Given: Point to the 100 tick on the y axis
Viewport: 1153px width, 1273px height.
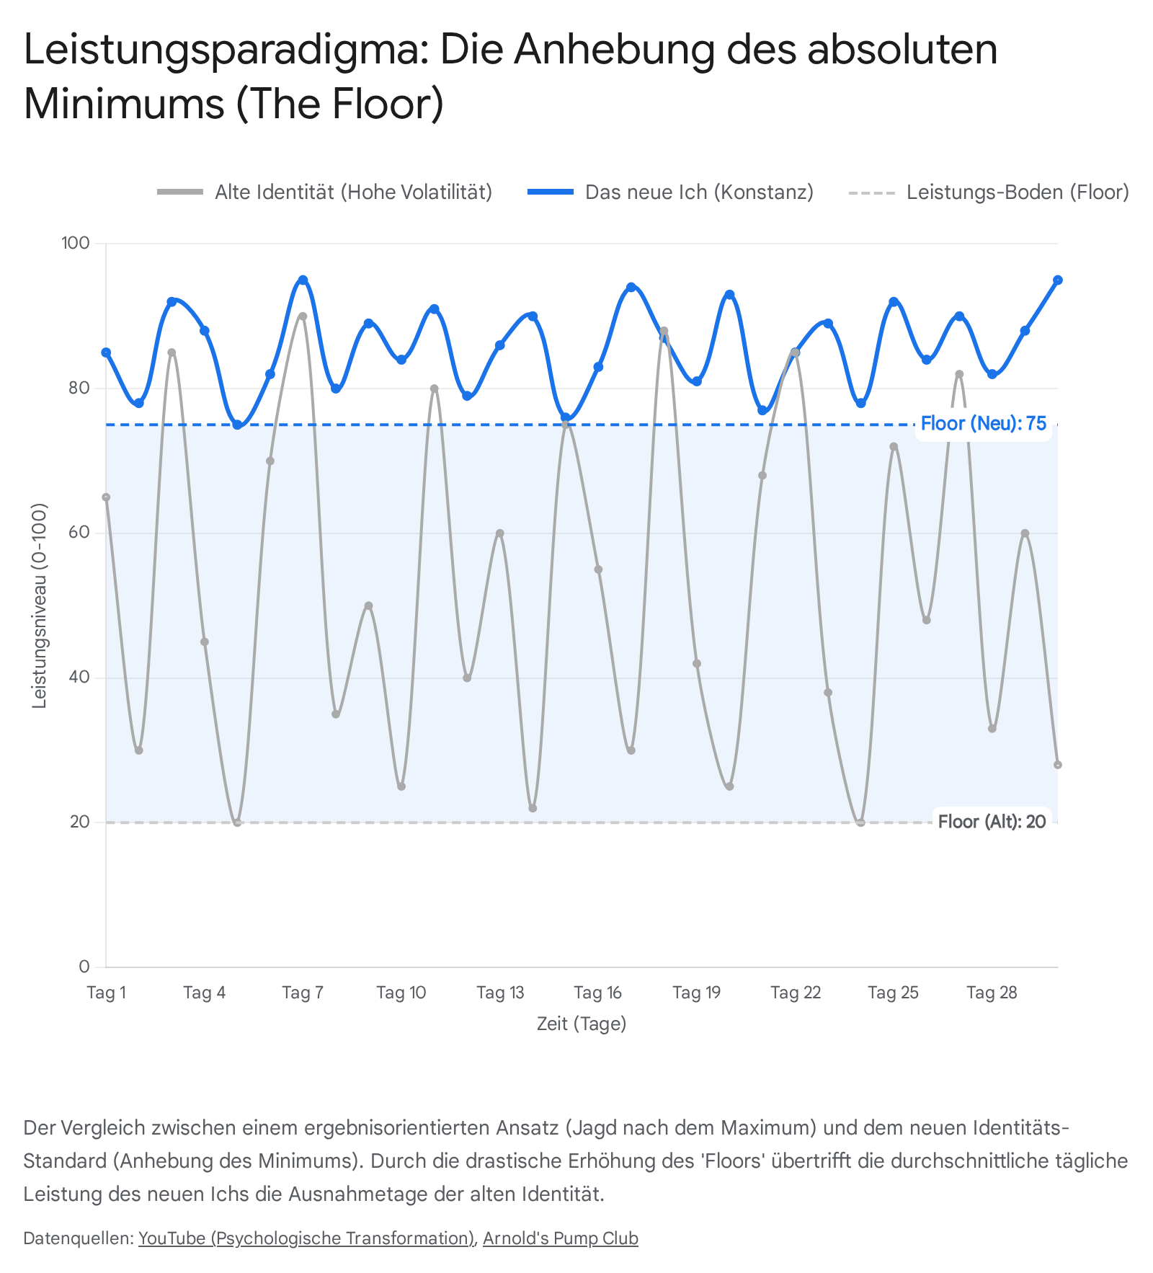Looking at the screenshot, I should tap(76, 244).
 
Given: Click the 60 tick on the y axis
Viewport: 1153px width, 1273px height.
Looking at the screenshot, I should tap(79, 533).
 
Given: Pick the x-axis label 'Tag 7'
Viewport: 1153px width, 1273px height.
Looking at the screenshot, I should tap(303, 993).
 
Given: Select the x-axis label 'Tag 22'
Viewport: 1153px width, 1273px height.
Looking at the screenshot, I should tap(796, 993).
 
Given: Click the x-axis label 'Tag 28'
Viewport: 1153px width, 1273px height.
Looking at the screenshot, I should tap(992, 993).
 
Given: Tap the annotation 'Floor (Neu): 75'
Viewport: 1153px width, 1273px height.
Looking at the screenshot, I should tap(983, 424).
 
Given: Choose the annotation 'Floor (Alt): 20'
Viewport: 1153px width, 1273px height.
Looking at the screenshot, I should tap(992, 822).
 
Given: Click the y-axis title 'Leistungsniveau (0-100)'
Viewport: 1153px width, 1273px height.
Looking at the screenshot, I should tap(40, 606).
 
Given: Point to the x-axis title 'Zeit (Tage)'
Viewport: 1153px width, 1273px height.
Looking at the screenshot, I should tap(582, 1024).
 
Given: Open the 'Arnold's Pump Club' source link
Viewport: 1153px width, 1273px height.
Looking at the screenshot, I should tap(561, 1238).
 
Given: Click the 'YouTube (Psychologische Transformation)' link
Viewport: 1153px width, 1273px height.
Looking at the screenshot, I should tap(306, 1238).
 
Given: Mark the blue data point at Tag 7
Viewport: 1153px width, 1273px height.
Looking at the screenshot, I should tap(303, 280).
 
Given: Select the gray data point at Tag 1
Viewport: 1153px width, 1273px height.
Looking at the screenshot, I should tap(106, 497).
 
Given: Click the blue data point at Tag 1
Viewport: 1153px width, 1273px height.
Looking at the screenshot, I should tap(106, 352).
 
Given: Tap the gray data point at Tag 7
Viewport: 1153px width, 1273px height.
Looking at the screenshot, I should tap(303, 316).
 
